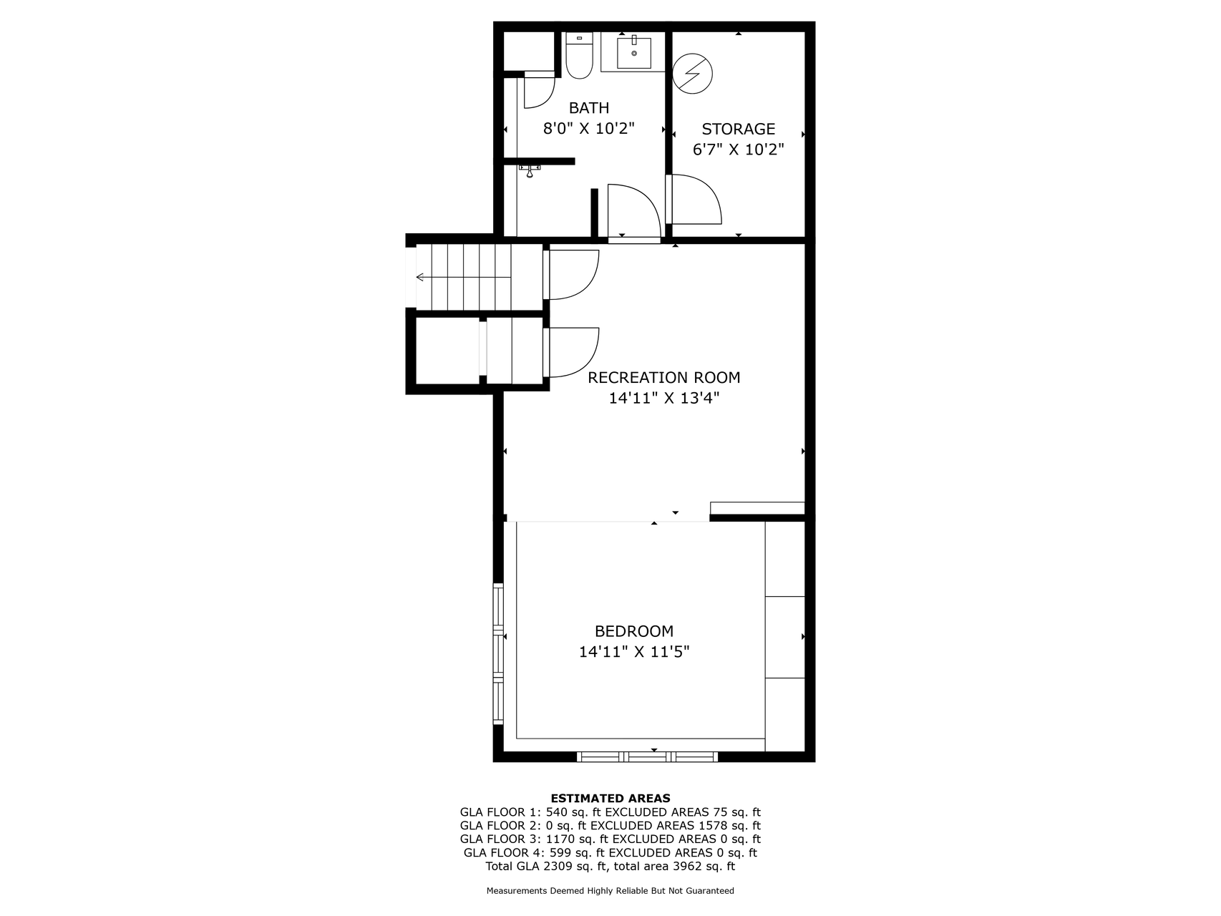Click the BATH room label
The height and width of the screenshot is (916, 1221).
click(589, 108)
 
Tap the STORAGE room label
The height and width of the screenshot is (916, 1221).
click(739, 129)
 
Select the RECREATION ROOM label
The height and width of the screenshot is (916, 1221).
click(664, 377)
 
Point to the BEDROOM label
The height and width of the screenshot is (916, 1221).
click(634, 631)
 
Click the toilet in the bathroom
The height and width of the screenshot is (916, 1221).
click(579, 55)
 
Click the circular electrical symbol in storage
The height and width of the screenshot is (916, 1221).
click(693, 73)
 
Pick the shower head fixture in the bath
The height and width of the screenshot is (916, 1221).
click(530, 170)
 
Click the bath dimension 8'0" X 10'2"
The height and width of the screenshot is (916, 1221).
click(589, 129)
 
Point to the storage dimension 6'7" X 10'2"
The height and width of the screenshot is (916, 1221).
click(739, 150)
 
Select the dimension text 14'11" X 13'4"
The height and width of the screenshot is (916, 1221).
click(664, 398)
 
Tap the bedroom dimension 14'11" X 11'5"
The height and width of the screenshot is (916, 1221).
click(634, 652)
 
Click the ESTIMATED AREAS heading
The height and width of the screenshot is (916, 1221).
click(610, 798)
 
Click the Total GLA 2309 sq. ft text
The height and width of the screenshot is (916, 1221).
click(546, 866)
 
